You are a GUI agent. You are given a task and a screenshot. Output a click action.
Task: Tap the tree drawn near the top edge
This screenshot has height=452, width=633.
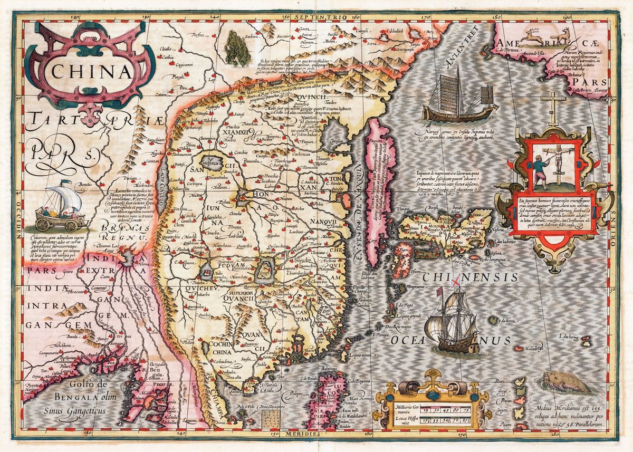coord(237,47)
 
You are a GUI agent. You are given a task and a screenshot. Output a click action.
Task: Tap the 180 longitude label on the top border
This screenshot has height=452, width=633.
coord(495,17)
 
